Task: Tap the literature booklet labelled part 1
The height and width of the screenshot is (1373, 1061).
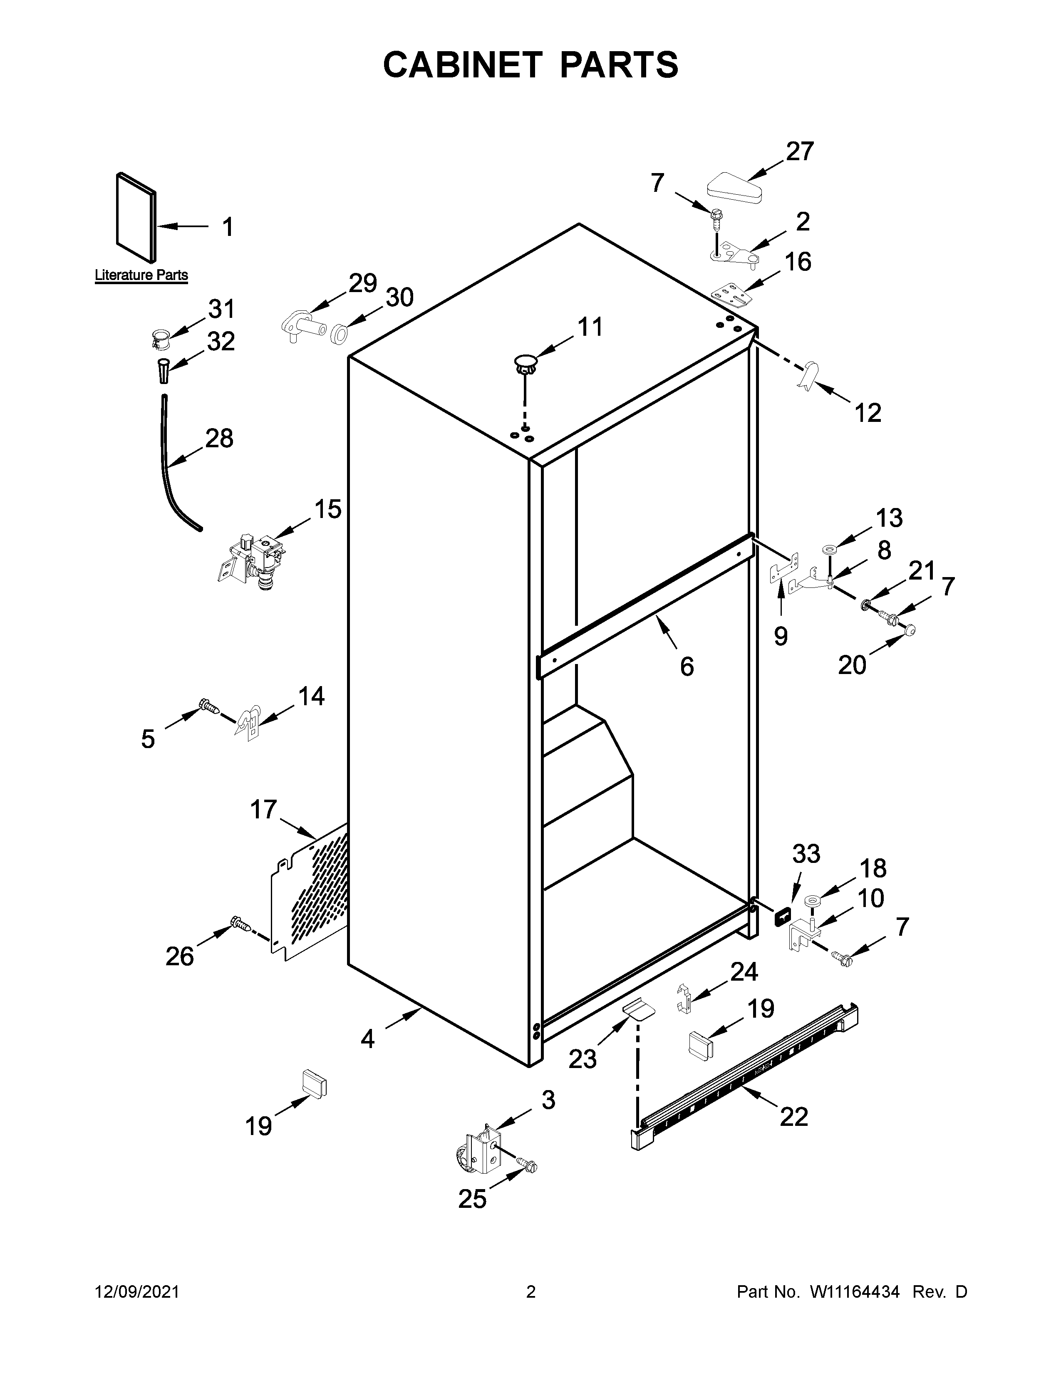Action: point(135,217)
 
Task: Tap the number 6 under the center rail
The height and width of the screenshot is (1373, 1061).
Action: point(687,667)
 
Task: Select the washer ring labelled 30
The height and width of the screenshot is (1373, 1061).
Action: point(339,334)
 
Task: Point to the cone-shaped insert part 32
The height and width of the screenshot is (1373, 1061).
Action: point(163,370)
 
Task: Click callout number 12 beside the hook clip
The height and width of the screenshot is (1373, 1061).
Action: point(868,413)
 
